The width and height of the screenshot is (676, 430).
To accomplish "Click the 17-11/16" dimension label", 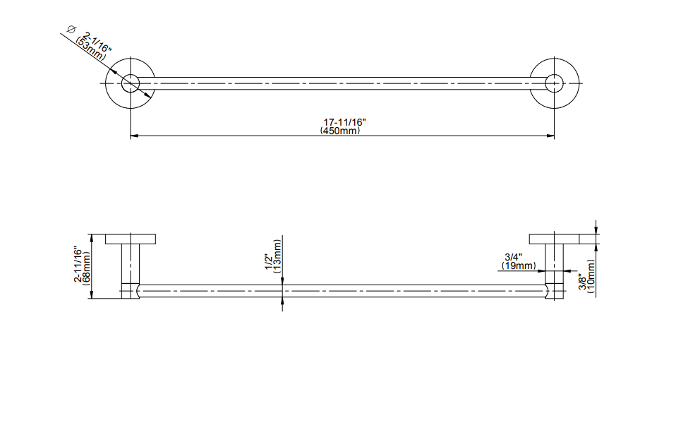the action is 344,123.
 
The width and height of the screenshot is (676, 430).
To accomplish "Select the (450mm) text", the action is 340,131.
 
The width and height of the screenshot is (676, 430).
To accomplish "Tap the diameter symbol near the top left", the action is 71,30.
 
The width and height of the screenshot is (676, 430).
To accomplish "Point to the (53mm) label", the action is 90,48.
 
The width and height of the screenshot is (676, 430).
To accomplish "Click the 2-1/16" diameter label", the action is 97,42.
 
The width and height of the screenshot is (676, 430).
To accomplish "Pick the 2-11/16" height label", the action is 78,264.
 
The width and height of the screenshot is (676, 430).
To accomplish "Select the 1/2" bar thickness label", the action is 269,262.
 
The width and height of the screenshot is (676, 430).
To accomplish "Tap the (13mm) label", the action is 277,256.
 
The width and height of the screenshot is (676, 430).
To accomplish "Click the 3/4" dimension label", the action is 514,258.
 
